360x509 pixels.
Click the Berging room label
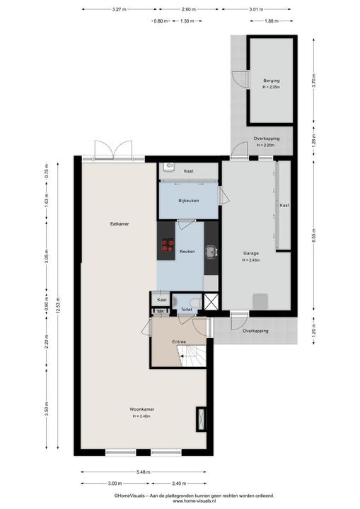(x=272, y=81)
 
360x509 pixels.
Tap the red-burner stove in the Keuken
(x=168, y=245)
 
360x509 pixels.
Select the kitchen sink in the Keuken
(x=211, y=252)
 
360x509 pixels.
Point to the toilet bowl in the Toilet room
(x=196, y=303)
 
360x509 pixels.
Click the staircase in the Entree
(x=192, y=356)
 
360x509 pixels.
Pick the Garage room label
(x=251, y=253)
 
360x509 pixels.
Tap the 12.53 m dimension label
(x=58, y=305)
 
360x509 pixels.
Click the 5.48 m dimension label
(x=144, y=472)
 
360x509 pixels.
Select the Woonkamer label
(x=142, y=409)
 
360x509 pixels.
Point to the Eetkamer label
(x=120, y=223)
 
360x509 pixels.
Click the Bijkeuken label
(x=188, y=201)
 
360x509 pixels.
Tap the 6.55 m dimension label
(x=313, y=236)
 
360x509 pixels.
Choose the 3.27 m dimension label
(x=119, y=9)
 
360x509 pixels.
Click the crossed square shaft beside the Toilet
(x=211, y=301)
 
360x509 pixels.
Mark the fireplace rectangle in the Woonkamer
(x=201, y=419)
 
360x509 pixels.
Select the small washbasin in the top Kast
(x=169, y=166)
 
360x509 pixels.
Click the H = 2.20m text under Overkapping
(x=265, y=145)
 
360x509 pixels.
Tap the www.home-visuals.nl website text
(x=194, y=501)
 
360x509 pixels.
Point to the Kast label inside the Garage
(x=284, y=205)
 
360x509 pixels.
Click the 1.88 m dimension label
(x=272, y=21)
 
